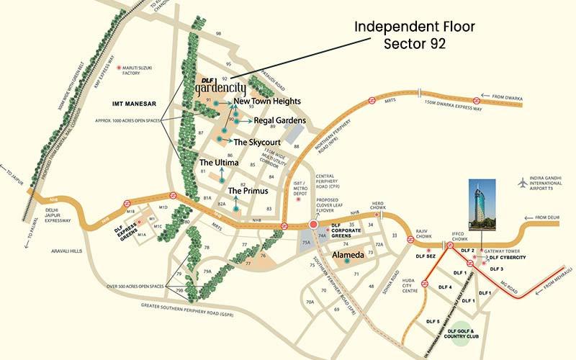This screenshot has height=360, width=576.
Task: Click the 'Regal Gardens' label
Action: [x=280, y=120]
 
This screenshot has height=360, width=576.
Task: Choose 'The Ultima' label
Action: [x=218, y=163]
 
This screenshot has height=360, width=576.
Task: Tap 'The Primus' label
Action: [x=248, y=191]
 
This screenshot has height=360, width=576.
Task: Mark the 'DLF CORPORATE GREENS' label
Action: [x=351, y=230]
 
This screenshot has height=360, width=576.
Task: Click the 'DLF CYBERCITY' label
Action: [x=508, y=258]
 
